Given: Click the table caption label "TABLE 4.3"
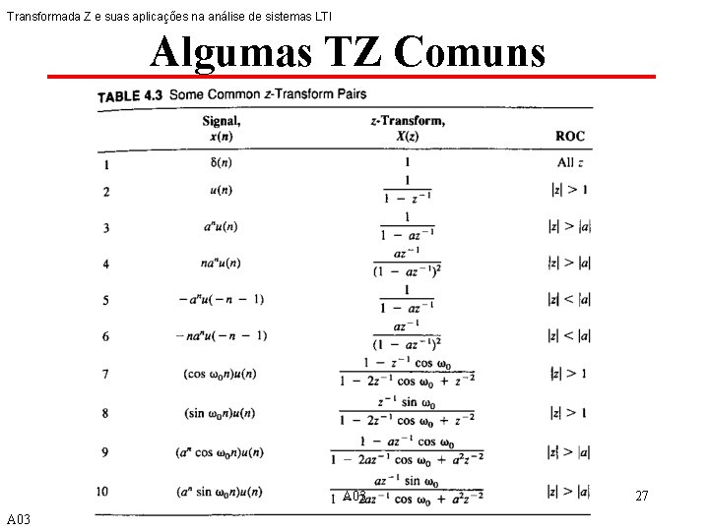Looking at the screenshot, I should click(130, 96).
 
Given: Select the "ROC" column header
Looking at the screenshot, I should click(569, 136).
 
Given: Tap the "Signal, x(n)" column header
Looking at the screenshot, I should click(222, 129).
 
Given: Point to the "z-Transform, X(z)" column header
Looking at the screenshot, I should click(407, 129).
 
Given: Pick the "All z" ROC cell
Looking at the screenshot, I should click(570, 163).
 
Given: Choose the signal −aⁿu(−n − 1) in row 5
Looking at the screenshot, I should click(222, 299).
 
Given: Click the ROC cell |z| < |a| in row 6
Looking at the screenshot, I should click(568, 335).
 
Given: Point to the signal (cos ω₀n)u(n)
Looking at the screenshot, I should click(222, 374).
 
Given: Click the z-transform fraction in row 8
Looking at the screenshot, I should click(407, 412).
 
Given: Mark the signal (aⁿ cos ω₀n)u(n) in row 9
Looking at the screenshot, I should click(222, 452).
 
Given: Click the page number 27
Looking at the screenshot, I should click(641, 497).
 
